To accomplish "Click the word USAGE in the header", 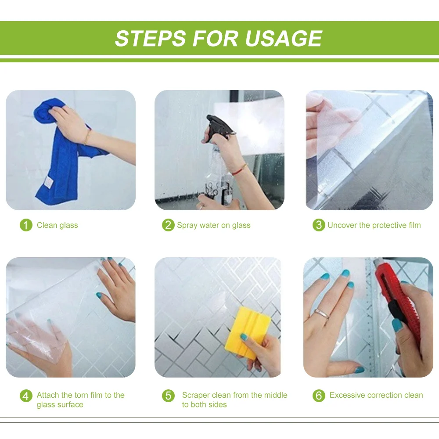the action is [x=284, y=38].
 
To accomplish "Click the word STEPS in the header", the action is [x=150, y=38].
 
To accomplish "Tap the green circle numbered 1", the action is [x=26, y=225].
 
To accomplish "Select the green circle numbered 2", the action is [x=168, y=225].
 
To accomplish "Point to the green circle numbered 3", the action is [x=319, y=225].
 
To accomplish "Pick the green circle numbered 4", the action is [x=26, y=396].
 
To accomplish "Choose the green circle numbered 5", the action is [x=168, y=396].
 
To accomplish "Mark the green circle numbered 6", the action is [x=319, y=396].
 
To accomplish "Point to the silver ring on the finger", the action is [x=323, y=313].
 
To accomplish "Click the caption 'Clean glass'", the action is [x=58, y=225].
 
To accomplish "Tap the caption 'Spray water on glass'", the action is [x=214, y=225].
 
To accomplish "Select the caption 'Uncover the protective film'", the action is [x=374, y=225].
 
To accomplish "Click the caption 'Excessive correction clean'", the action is [x=376, y=395].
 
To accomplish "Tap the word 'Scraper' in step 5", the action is [x=196, y=395].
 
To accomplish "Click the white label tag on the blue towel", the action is [x=48, y=183].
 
